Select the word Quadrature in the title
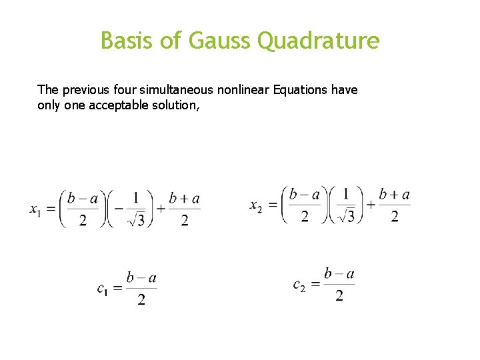click(319, 41)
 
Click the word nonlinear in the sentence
click(243, 89)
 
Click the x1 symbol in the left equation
click(37, 209)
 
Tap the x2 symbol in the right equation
click(257, 206)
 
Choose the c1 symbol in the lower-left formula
click(103, 289)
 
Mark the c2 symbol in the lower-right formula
click(299, 285)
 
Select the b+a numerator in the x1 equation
click(185, 198)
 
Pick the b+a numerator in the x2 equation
click(394, 195)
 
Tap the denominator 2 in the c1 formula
click(141, 300)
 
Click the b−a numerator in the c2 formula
click(339, 273)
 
